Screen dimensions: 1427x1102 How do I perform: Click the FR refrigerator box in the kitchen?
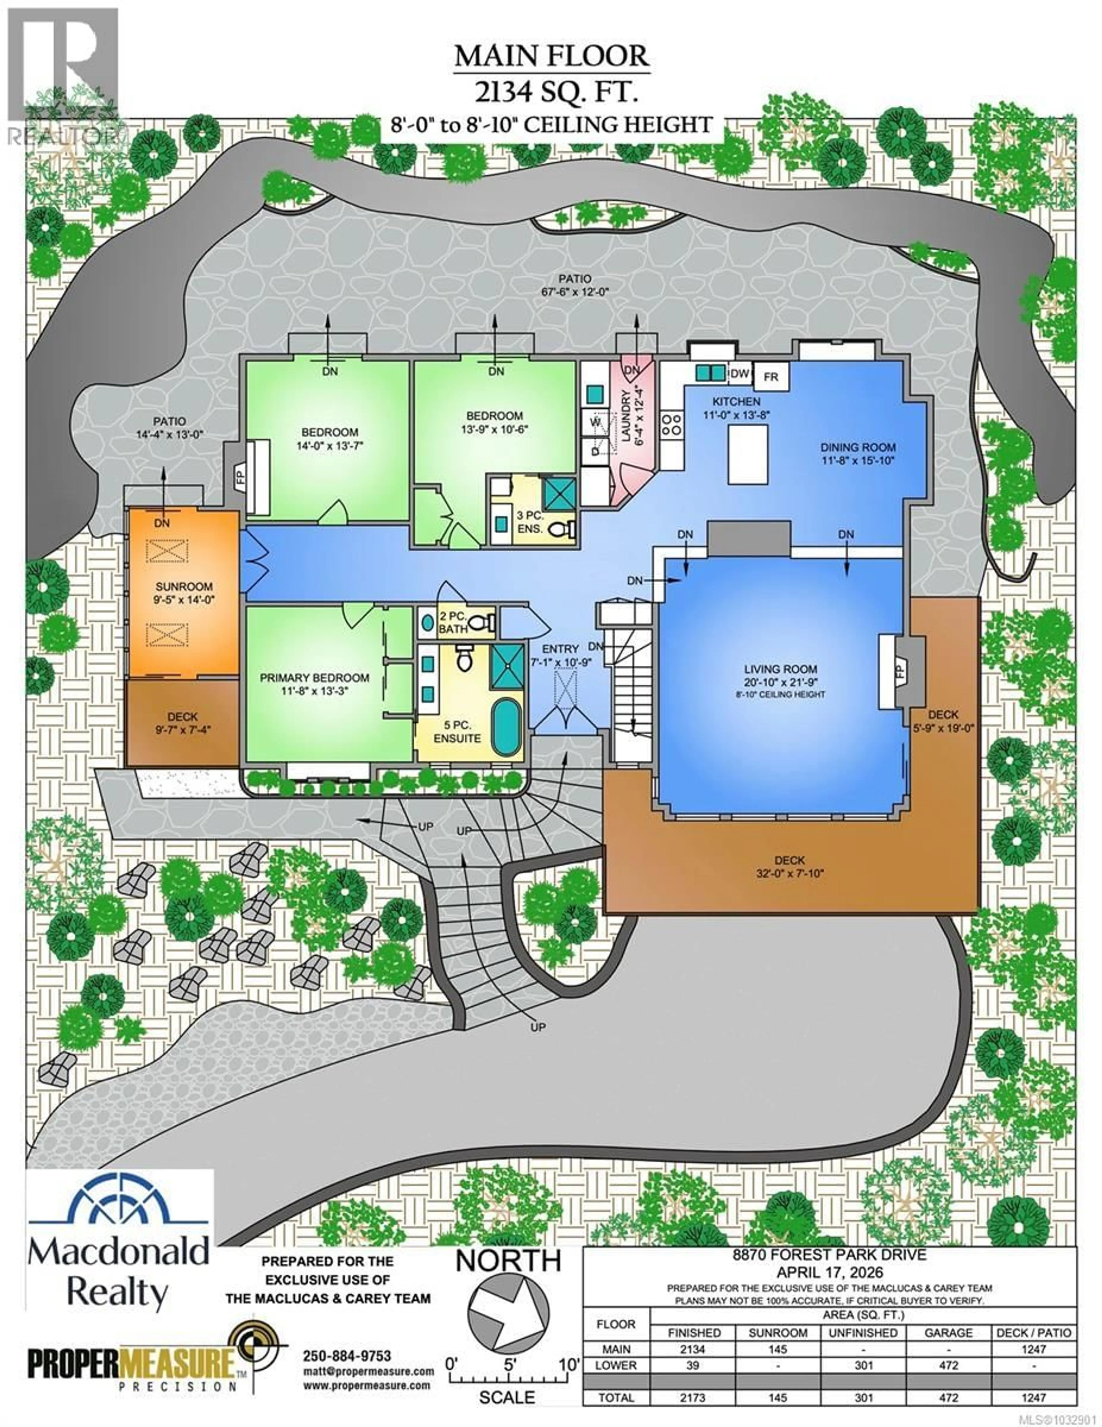coord(771,377)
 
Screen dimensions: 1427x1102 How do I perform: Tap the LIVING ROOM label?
coord(781,669)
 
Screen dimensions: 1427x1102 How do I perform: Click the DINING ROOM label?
coord(858,448)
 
